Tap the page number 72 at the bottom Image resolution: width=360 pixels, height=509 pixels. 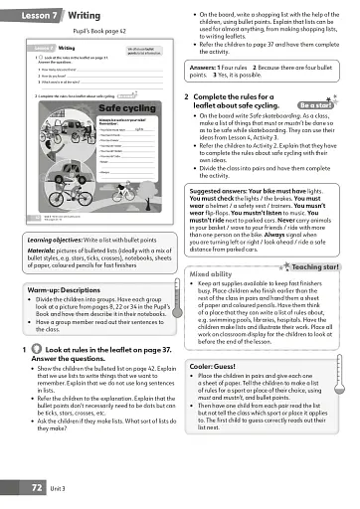[37, 488]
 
